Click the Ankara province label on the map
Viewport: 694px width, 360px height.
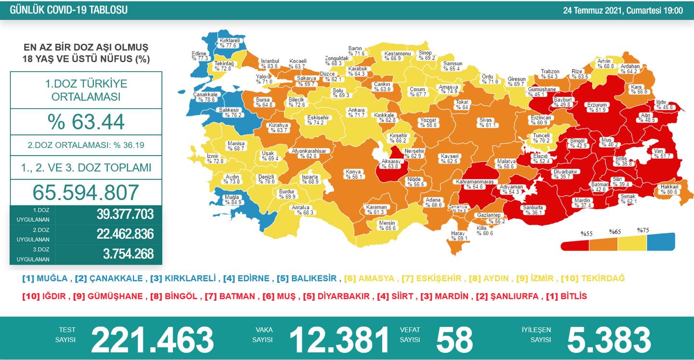[357, 112]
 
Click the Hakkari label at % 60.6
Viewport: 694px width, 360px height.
[669, 189]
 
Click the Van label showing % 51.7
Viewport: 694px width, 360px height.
[658, 153]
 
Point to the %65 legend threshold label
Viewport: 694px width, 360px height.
[614, 232]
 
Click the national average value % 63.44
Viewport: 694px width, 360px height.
[86, 122]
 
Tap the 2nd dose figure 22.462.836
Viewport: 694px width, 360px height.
[125, 234]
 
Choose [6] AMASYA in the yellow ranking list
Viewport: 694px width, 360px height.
[370, 279]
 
